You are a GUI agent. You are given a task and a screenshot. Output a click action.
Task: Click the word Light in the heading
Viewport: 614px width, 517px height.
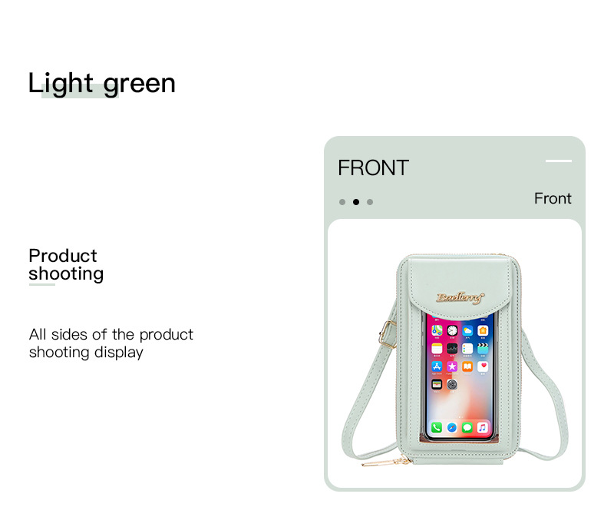61,84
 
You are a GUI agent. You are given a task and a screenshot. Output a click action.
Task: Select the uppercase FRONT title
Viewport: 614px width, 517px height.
373,167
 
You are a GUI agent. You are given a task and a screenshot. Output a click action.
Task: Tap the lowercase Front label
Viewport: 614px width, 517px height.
553,198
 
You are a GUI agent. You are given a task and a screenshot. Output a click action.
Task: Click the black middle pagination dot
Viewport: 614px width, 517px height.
356,202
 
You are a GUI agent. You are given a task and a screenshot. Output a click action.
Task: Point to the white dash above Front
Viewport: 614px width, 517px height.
559,161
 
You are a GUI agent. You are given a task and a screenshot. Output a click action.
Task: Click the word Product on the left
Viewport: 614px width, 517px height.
63,256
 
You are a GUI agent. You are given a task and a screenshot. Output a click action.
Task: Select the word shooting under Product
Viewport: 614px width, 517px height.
66,274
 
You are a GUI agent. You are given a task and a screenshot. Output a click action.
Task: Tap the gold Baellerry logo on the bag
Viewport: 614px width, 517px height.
460,297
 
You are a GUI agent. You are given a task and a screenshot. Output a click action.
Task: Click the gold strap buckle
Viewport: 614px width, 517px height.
387,334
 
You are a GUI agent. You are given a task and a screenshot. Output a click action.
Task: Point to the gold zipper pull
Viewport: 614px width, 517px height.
385,462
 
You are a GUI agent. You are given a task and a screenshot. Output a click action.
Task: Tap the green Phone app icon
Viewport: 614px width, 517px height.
437,427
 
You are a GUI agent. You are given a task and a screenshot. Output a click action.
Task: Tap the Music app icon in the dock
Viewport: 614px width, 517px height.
483,427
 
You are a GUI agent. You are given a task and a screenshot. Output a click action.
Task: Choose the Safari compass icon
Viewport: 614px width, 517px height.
452,427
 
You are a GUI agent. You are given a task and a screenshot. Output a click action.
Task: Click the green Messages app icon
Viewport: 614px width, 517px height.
467,427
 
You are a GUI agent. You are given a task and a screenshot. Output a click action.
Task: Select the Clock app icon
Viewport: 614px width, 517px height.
452,330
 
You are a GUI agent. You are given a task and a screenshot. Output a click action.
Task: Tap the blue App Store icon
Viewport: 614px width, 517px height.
437,366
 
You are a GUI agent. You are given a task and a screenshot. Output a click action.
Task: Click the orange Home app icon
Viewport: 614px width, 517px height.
483,330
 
